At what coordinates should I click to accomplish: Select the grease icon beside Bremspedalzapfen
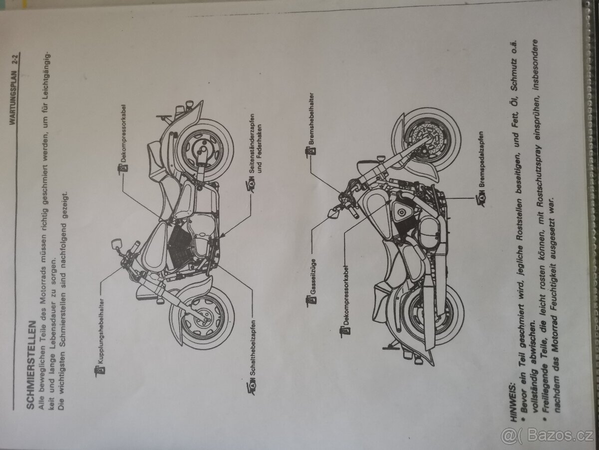[481, 200]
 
